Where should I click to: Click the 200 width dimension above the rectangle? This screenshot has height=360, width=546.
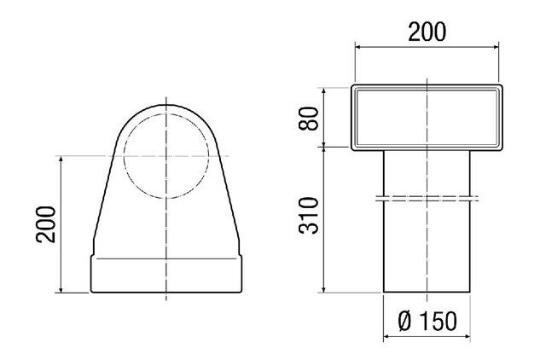(x=427, y=32)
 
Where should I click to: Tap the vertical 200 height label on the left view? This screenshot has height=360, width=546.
(x=45, y=224)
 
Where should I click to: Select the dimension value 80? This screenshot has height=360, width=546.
(x=309, y=119)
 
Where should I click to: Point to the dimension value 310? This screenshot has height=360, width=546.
(x=309, y=215)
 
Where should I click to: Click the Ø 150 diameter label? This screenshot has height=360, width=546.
(x=427, y=321)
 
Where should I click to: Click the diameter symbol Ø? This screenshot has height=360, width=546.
(x=405, y=321)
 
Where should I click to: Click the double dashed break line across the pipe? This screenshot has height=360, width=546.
(x=427, y=198)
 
